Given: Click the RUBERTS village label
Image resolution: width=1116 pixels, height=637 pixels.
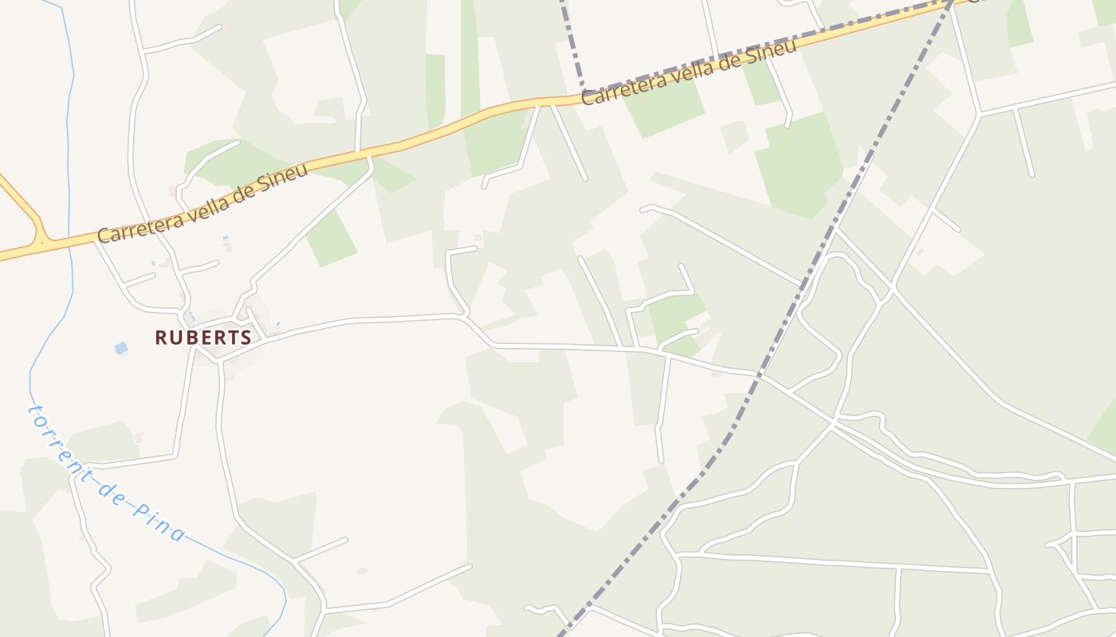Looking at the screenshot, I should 203,338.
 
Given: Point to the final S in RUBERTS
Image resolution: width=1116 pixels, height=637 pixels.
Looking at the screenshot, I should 246,338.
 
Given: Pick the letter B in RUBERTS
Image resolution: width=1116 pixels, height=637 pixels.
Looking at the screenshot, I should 189,338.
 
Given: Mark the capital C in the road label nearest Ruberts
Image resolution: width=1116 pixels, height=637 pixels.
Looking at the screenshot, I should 103,235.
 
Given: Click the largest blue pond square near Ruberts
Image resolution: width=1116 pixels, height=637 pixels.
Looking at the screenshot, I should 120,348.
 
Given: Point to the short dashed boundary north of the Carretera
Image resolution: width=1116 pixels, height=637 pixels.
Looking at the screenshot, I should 572,40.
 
